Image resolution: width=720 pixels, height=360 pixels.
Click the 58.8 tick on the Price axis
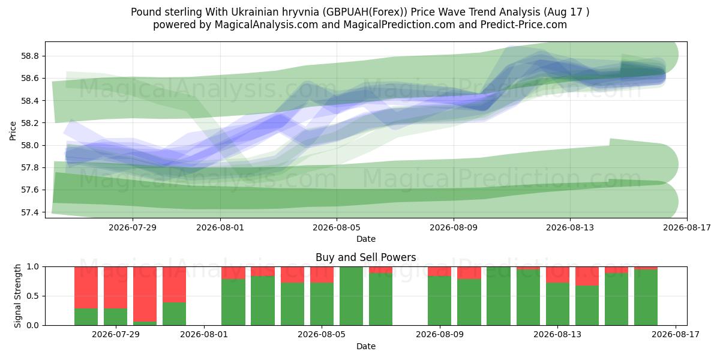(x=29, y=56)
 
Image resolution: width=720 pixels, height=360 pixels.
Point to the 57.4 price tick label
(x=29, y=212)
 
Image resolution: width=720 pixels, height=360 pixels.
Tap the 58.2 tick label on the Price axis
(x=29, y=123)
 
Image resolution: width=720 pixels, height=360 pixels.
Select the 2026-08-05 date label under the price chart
(x=337, y=227)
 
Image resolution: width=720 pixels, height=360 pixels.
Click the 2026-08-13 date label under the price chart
(x=570, y=227)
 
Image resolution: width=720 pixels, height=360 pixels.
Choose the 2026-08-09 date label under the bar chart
(x=440, y=335)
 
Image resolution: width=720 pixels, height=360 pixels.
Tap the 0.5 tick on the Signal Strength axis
(x=33, y=296)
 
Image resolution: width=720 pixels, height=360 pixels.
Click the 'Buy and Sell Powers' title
(x=366, y=257)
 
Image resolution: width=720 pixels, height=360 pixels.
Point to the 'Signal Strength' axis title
(x=17, y=296)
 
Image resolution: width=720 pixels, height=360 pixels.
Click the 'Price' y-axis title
(x=13, y=131)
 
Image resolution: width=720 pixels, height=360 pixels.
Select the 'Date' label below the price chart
(x=366, y=239)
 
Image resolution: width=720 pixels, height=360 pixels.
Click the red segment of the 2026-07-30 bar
(x=145, y=295)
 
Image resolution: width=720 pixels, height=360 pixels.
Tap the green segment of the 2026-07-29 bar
(x=115, y=317)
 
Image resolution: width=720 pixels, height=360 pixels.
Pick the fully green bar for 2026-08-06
(x=352, y=296)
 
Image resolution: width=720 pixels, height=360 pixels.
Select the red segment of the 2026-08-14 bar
(x=587, y=276)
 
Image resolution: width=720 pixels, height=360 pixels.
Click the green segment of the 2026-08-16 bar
(x=646, y=298)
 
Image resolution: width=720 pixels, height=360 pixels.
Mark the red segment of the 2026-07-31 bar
(x=174, y=284)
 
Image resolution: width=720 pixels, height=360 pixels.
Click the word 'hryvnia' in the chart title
(x=301, y=12)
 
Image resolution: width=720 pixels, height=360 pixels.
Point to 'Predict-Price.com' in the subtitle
(x=524, y=25)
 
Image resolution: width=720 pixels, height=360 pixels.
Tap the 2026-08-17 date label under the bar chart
(x=676, y=335)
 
